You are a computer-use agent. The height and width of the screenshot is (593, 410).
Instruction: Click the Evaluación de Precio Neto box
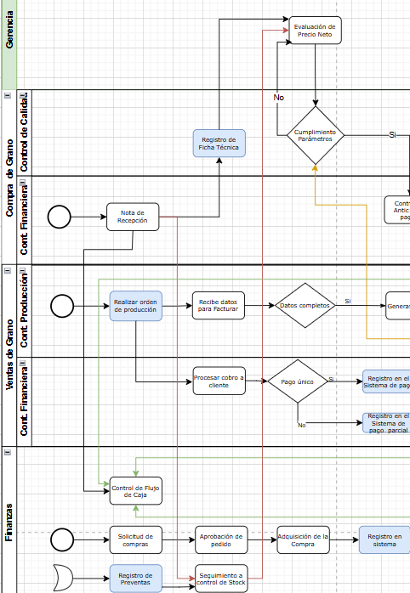pos(316,31)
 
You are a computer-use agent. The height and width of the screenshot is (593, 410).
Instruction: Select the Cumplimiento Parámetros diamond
pos(316,135)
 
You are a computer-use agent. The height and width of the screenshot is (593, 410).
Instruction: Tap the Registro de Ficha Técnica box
pos(219,143)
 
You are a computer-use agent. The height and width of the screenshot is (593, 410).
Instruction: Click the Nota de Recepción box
pos(133,217)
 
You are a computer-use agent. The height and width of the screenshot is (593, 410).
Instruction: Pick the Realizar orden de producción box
pos(135,305)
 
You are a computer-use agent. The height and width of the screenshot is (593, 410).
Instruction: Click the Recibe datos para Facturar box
pos(219,305)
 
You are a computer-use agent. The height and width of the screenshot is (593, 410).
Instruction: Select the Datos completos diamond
pos(305,305)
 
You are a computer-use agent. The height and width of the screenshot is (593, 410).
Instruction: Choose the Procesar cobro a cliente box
pos(219,381)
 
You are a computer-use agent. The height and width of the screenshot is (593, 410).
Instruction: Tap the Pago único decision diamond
pos(297,381)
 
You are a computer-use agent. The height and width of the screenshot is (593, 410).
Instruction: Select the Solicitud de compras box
pos(135,539)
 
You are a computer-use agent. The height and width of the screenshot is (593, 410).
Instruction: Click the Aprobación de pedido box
pos(220,539)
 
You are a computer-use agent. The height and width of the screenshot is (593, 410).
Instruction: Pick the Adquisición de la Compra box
pos(303,539)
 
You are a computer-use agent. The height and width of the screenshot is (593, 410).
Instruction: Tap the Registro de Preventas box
pos(135,579)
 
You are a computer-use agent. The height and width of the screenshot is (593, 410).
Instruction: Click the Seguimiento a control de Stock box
pos(220,579)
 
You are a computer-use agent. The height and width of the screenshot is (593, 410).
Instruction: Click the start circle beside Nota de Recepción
pos(60,217)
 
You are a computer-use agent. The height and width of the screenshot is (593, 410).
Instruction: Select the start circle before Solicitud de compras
pos(62,539)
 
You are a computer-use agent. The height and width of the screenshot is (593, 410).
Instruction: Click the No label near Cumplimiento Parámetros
pos(278,98)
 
